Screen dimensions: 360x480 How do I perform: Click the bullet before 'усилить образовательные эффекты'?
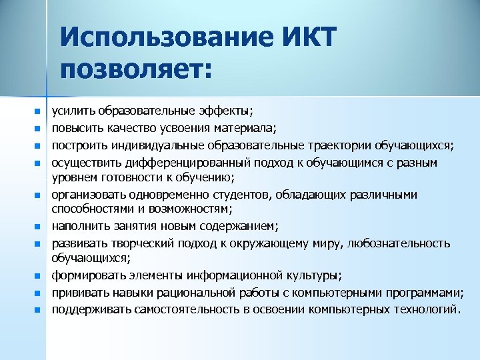tap(38, 111)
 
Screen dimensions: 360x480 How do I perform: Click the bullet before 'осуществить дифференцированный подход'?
tap(38, 163)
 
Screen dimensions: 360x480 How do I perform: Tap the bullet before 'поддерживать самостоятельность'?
tap(38, 309)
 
